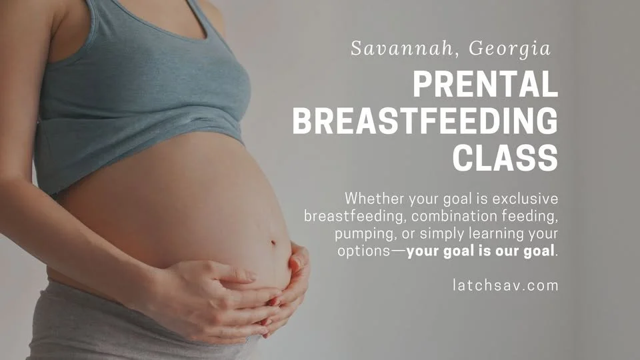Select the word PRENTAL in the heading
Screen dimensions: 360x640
tap(485, 86)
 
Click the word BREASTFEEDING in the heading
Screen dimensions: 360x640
tap(425, 122)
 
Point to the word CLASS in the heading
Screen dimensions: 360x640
tap(505, 158)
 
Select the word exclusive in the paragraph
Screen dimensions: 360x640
tap(525, 199)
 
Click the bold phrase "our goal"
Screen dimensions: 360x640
tap(526, 252)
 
